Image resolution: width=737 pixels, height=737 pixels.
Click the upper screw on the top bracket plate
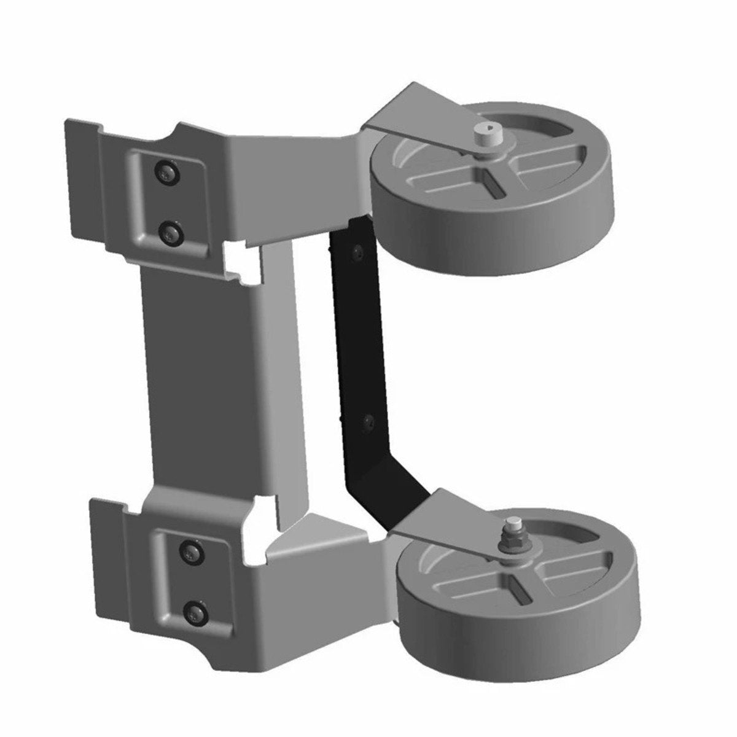[166, 174]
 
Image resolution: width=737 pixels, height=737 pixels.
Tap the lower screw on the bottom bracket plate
[195, 609]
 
